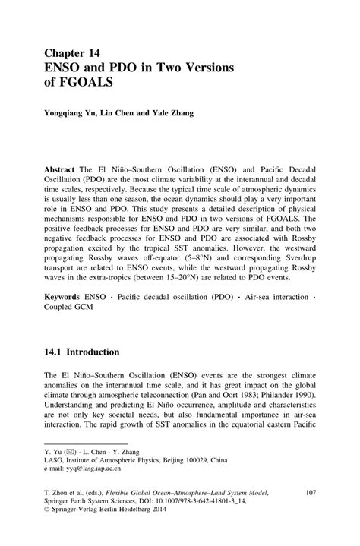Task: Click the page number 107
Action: pos(310,494)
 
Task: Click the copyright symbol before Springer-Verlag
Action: pos(48,513)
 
